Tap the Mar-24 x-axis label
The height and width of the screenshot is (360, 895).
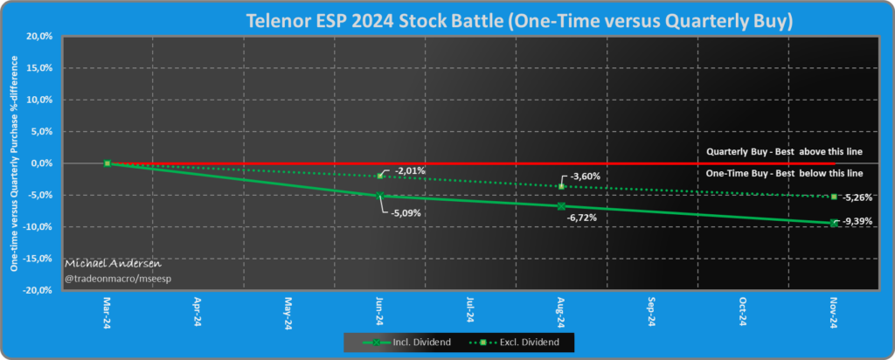(107, 315)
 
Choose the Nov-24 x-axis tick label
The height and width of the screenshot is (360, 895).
(834, 315)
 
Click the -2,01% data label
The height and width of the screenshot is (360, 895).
(410, 170)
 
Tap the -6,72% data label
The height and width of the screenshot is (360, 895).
(583, 216)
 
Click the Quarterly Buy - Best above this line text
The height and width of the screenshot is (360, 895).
(784, 152)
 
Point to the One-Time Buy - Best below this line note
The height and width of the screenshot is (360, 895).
(785, 174)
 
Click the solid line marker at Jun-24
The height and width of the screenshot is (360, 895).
(379, 196)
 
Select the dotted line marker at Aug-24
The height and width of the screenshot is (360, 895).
(561, 186)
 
